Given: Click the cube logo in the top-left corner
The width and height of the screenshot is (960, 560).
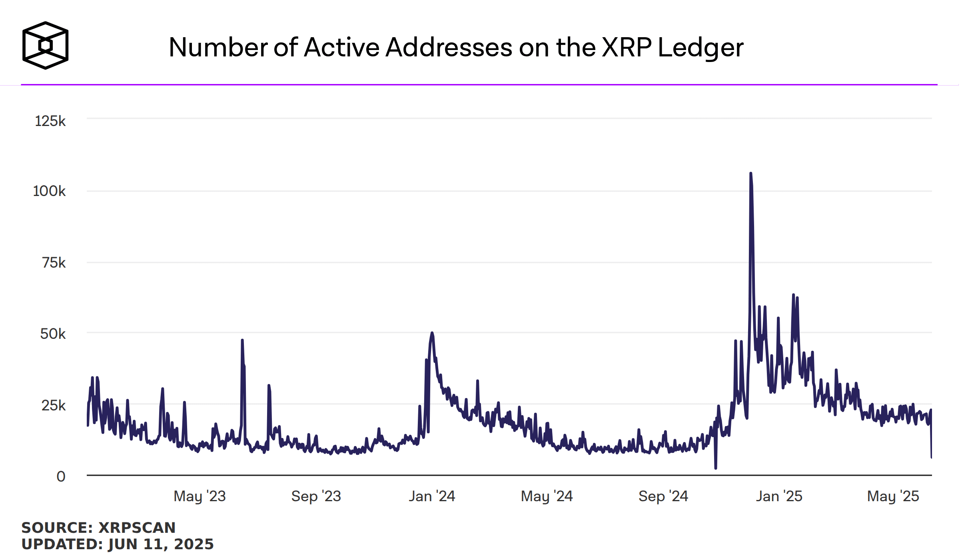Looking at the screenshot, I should coord(45,45).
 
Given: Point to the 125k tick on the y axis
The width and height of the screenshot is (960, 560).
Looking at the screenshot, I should coord(50,121).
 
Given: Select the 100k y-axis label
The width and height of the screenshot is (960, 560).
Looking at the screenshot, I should coord(49,191).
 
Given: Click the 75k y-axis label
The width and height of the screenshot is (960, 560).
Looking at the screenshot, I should coord(54,263).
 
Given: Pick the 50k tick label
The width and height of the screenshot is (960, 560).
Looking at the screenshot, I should coord(53,334).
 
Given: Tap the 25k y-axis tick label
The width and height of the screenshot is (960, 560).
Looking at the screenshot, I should coord(53,406).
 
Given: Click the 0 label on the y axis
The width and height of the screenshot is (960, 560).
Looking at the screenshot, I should coord(61,476).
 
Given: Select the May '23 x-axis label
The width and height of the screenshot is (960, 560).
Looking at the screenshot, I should coord(200,496).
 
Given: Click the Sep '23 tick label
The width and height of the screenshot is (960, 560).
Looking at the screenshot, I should coord(316,496).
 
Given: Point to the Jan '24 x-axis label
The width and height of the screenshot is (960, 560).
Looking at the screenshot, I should coord(432,496).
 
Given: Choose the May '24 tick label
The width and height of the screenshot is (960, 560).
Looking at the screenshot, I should coord(547,496).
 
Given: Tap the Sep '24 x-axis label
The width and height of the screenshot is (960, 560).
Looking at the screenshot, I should coord(663,496).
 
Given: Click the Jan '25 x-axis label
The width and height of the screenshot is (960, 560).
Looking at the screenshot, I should coord(779,496).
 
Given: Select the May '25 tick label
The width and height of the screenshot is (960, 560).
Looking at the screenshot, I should coord(893,496).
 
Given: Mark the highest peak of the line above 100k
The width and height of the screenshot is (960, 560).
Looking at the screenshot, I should coord(750,174).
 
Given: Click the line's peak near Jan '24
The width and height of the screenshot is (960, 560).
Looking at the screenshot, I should coord(432,333).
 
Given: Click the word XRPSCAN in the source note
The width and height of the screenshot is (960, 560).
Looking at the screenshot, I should coord(137,528).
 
